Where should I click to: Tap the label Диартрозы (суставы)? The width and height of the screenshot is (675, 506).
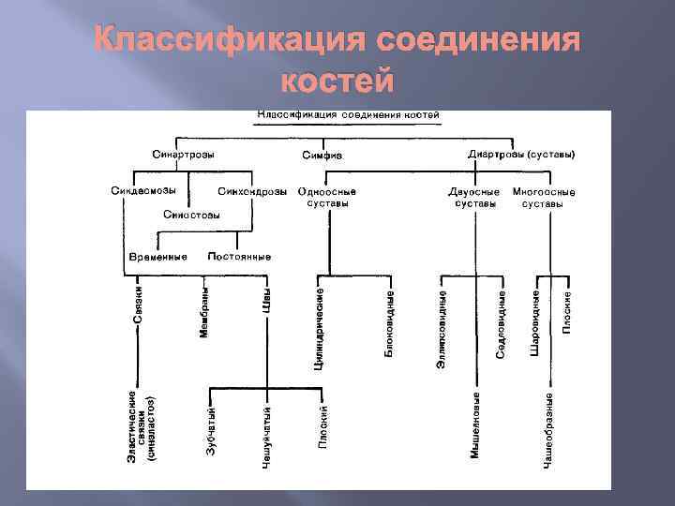521,154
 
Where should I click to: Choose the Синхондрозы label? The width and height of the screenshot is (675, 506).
252,192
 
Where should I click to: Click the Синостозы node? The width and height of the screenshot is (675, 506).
193,215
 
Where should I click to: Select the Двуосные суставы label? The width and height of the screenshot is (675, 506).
474,198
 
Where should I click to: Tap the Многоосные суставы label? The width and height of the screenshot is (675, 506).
543,198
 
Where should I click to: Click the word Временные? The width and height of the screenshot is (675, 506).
157,257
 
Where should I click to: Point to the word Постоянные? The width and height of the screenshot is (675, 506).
239,257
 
